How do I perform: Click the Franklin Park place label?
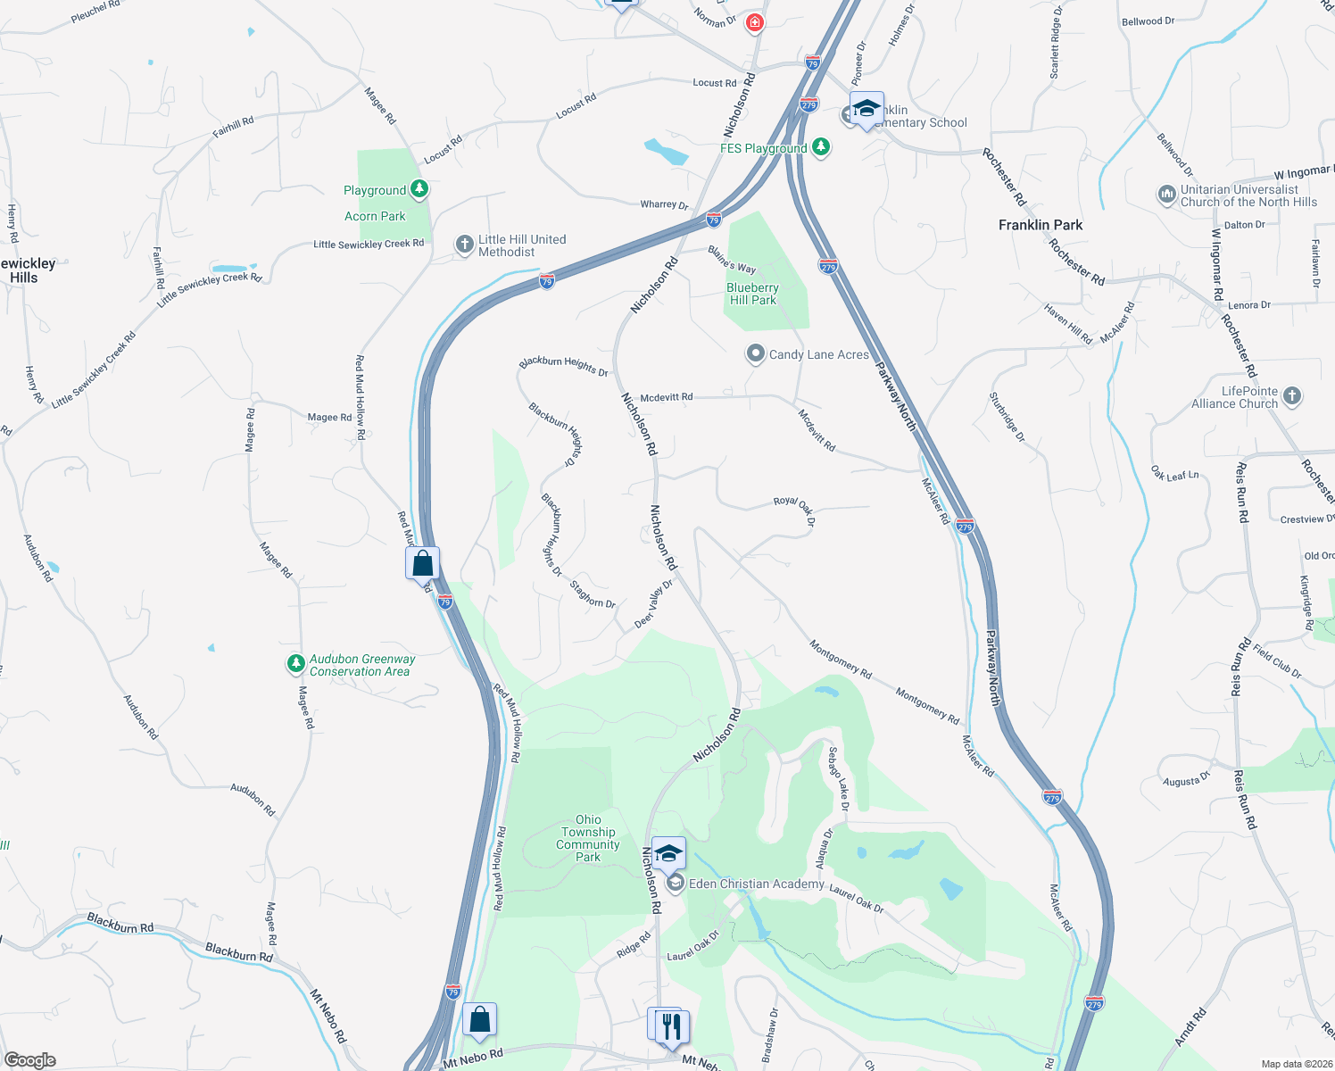click(1040, 225)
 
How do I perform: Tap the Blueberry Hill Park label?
click(752, 294)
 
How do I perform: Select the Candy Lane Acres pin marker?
click(756, 354)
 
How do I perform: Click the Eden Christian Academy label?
click(756, 884)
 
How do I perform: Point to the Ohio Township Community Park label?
click(587, 838)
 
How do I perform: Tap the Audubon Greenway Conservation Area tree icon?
click(295, 664)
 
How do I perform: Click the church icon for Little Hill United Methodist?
click(464, 245)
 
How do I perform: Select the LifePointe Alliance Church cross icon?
click(1292, 396)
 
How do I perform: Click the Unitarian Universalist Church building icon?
click(1166, 195)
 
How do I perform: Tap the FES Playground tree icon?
click(821, 147)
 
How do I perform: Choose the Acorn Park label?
click(375, 216)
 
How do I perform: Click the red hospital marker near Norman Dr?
click(755, 22)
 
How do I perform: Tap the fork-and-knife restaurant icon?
click(672, 1026)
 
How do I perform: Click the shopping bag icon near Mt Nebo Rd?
click(479, 1019)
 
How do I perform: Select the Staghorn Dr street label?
click(593, 594)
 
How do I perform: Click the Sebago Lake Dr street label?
click(839, 778)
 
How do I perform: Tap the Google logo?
click(29, 1059)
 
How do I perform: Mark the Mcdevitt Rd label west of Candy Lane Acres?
click(667, 397)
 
